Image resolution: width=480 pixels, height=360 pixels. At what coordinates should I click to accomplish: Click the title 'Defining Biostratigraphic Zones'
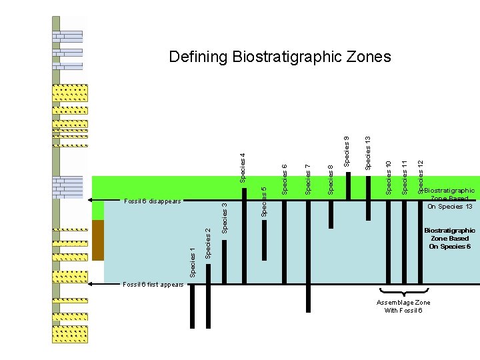(x=280, y=57)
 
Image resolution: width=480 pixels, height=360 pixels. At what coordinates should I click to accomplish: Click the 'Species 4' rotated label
(x=243, y=167)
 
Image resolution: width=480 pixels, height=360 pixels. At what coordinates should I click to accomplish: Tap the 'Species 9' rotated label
(x=347, y=151)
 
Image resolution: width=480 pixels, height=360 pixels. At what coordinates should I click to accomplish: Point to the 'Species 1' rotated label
(x=193, y=262)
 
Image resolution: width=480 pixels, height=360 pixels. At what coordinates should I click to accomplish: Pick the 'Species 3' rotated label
(x=225, y=219)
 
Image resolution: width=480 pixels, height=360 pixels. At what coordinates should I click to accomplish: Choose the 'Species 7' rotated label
(x=308, y=179)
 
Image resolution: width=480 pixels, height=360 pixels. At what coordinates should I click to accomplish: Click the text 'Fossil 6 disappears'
(x=152, y=201)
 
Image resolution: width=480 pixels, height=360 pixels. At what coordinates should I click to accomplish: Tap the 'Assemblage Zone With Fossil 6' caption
(x=403, y=307)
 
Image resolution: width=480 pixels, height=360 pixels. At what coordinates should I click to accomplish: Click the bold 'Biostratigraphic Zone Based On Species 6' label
(x=450, y=239)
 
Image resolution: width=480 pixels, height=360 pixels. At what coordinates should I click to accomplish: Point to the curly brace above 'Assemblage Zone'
(x=403, y=291)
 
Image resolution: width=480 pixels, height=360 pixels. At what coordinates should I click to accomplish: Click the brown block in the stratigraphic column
(x=98, y=240)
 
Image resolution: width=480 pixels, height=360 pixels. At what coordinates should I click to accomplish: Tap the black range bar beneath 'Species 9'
(x=347, y=186)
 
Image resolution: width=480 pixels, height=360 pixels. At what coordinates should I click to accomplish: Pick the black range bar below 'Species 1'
(x=193, y=306)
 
